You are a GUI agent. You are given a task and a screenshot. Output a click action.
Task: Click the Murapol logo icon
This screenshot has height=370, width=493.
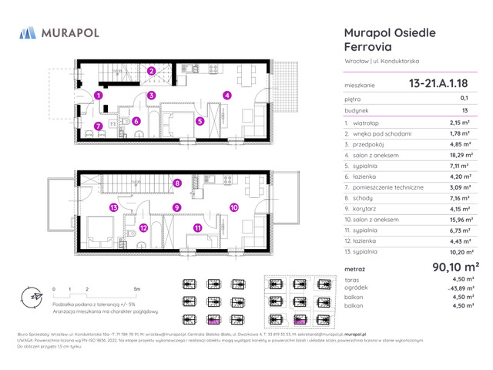(x=27, y=32)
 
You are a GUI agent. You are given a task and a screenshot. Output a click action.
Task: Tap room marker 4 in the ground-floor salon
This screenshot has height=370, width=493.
(x=226, y=96)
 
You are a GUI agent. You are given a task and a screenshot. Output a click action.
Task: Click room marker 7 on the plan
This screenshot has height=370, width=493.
(x=98, y=126)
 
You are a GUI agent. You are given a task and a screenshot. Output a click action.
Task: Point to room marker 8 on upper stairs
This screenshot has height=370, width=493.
(x=176, y=183)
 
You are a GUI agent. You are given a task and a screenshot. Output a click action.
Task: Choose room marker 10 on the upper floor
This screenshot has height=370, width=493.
(x=233, y=207)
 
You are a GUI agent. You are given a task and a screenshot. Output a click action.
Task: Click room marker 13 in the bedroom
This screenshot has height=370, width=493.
(x=112, y=207)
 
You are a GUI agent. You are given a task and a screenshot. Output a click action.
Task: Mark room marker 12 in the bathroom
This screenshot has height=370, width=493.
(x=144, y=228)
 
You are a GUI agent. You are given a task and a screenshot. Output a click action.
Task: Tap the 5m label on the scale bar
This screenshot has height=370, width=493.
(x=137, y=288)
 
